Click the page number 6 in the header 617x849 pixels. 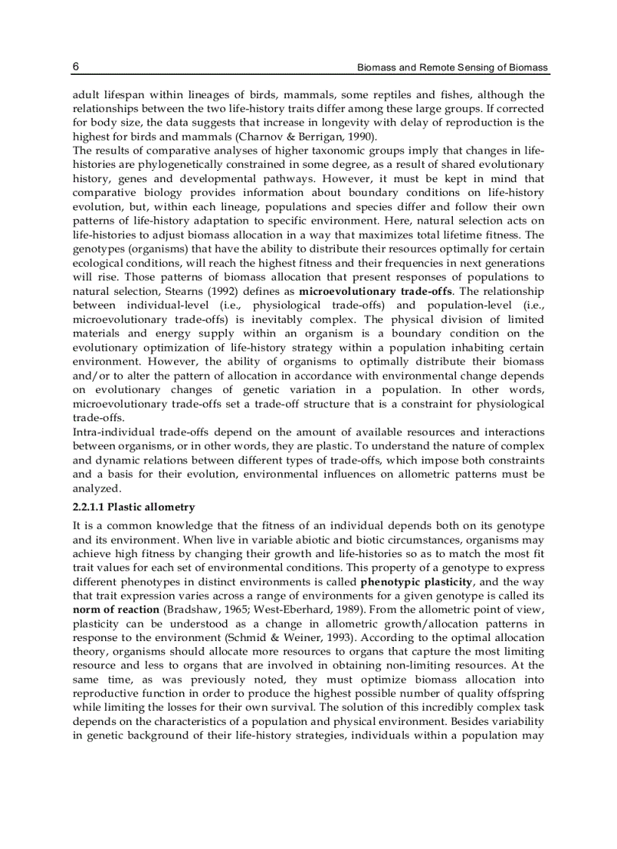(76, 67)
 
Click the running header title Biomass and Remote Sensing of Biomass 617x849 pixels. (452, 68)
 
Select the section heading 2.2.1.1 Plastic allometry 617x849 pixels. (134, 507)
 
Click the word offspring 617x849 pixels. (519, 693)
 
